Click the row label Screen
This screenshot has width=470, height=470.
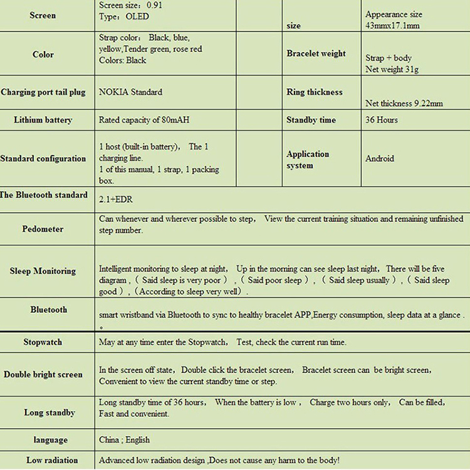click(x=43, y=16)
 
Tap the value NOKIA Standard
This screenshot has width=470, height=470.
click(x=130, y=92)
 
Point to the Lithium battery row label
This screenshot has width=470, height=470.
click(x=43, y=120)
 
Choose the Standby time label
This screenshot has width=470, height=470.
click(x=311, y=120)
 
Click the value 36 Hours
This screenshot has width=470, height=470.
click(x=382, y=120)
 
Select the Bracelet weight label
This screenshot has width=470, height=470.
click(x=316, y=54)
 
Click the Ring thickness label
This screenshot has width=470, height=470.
click(x=315, y=92)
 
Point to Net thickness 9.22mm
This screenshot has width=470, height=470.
click(x=404, y=103)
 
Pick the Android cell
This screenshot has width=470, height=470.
click(x=380, y=159)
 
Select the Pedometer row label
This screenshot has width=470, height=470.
click(x=43, y=229)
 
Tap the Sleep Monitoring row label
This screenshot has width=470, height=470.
click(x=43, y=271)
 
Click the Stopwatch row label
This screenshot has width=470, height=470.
click(x=43, y=343)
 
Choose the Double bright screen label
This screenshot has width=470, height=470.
click(x=43, y=375)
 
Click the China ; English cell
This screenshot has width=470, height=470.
click(x=124, y=440)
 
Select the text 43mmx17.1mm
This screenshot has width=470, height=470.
click(x=392, y=26)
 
